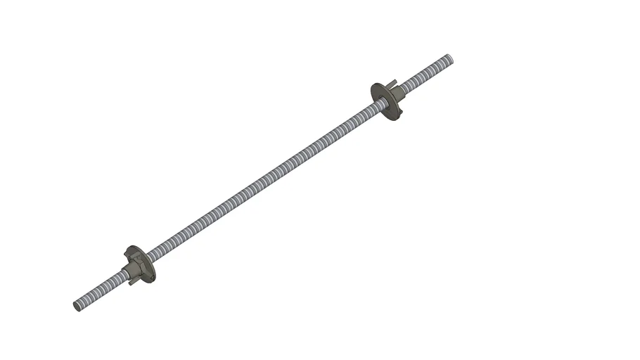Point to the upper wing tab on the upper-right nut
click(x=394, y=83)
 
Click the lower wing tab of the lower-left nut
click(x=133, y=282)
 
